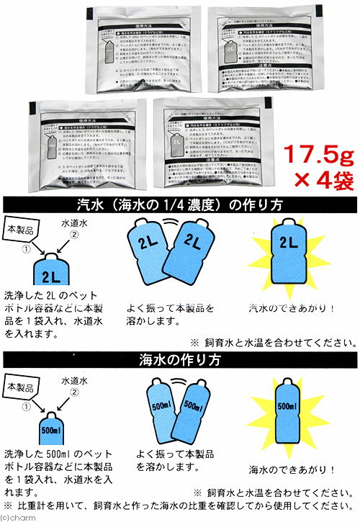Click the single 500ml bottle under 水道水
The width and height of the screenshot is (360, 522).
[x=56, y=431]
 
